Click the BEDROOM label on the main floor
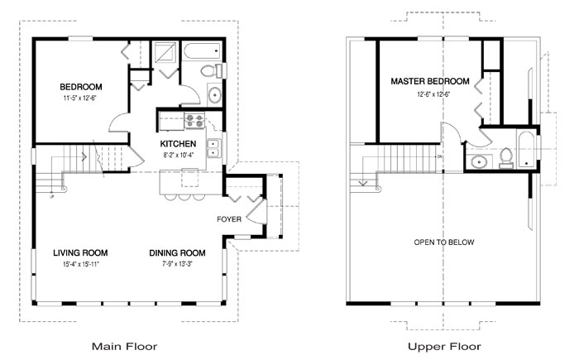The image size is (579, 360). [x=80, y=87]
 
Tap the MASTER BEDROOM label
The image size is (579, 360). [x=430, y=82]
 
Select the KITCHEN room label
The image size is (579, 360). [x=178, y=143]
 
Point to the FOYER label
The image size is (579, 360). [x=229, y=219]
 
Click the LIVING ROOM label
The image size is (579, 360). [x=81, y=253]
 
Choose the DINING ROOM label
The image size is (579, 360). [x=177, y=253]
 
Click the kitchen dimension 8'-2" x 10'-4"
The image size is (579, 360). [x=178, y=154]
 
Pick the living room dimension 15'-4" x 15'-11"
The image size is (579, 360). [x=81, y=264]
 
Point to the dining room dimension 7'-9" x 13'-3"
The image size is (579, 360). [x=177, y=264]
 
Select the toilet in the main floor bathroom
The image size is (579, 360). [x=218, y=70]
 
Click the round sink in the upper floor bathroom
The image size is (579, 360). [x=477, y=161]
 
